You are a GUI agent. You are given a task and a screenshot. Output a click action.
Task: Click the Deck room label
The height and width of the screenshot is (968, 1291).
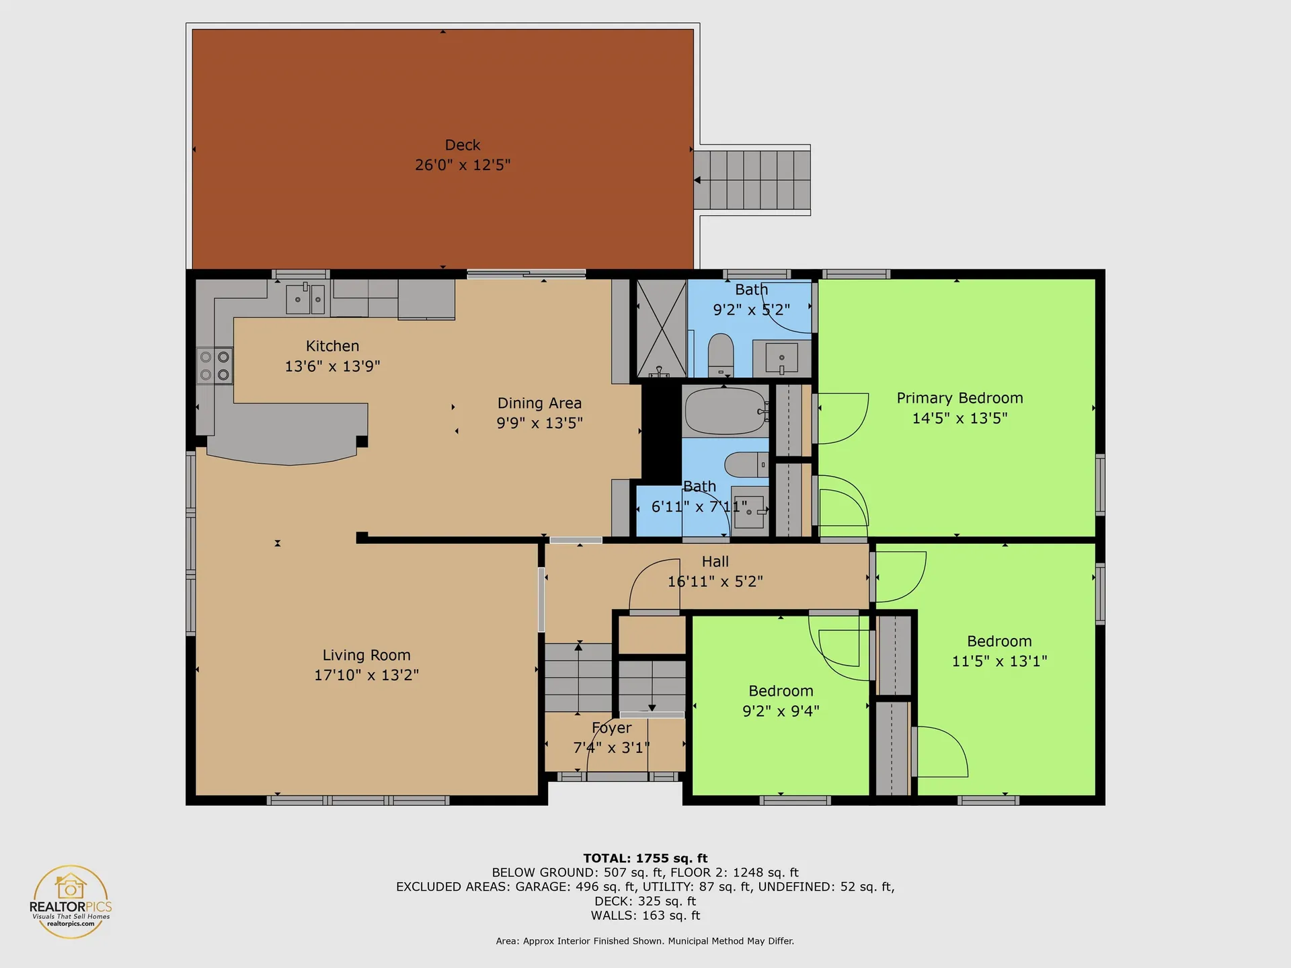463,145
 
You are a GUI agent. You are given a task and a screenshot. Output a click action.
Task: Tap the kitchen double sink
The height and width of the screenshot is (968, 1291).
306,299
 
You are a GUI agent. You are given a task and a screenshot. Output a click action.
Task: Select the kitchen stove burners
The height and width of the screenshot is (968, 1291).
214,366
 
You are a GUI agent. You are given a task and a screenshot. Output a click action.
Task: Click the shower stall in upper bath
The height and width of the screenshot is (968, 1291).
661,328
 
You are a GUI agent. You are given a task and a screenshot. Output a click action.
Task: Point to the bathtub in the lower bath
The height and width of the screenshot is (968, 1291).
725,411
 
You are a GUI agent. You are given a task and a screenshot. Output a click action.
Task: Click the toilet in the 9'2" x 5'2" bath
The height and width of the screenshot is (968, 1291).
721,354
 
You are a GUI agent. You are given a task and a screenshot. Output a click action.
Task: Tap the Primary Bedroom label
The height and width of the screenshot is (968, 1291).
960,398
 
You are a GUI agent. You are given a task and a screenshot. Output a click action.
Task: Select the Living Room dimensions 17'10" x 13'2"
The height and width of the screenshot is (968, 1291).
366,675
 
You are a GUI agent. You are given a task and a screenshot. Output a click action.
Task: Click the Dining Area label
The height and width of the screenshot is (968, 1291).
539,403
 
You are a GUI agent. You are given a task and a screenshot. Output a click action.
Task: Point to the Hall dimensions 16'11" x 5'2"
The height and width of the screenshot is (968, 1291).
715,581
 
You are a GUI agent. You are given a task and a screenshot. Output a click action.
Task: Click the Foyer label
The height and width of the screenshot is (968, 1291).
611,728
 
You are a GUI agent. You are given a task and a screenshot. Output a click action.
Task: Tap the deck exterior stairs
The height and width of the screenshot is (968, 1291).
752,179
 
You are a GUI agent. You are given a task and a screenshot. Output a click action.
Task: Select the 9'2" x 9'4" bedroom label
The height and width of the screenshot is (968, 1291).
781,691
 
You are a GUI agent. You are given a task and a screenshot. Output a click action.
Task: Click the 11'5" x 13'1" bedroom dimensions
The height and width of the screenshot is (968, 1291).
999,661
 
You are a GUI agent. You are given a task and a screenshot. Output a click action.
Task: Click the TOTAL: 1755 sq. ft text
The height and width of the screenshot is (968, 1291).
645,858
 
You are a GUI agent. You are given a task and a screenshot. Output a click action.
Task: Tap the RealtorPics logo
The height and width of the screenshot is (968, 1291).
71,901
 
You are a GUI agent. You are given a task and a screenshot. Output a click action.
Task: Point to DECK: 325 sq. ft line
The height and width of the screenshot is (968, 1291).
645,901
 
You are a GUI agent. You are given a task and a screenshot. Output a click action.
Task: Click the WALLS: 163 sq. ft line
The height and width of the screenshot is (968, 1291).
645,916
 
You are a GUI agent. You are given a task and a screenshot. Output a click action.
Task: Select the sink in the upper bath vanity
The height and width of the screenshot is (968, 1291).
781,358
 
